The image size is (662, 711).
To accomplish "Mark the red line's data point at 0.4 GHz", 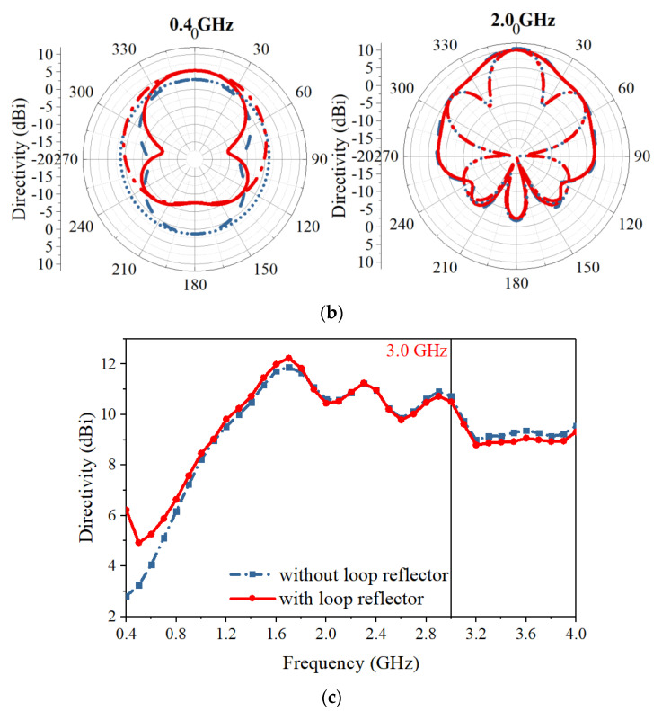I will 127,511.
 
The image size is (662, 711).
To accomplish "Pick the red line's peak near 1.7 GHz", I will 288,358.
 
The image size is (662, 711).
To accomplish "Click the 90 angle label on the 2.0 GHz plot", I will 640,156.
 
